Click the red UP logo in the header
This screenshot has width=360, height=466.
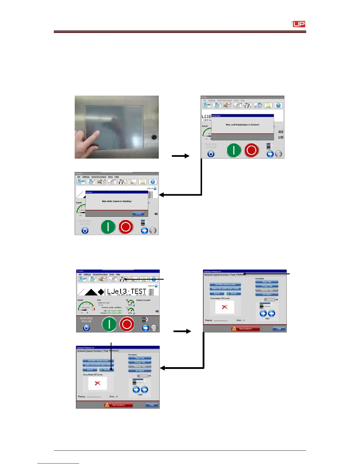pyautogui.click(x=299, y=24)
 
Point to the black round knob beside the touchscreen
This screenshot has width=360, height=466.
pyautogui.click(x=154, y=137)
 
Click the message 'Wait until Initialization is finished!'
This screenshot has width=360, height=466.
pyautogui.click(x=242, y=125)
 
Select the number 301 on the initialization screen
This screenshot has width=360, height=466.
pyautogui.click(x=281, y=132)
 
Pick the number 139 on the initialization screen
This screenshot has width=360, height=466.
pyautogui.click(x=281, y=137)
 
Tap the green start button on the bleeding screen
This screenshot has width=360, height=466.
pyautogui.click(x=108, y=227)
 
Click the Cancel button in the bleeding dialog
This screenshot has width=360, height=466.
pyautogui.click(x=138, y=214)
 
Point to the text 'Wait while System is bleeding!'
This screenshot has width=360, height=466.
pyautogui.click(x=116, y=201)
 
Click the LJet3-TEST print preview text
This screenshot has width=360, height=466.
pyautogui.click(x=126, y=291)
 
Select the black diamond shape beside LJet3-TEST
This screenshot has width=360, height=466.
pyautogui.click(x=101, y=292)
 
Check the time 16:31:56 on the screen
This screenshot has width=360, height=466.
pyautogui.click(x=86, y=321)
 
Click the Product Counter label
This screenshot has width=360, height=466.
pyautogui.click(x=143, y=300)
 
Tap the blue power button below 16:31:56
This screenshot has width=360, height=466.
pyautogui.click(x=86, y=327)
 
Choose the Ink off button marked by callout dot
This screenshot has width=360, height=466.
pyautogui.click(x=106, y=370)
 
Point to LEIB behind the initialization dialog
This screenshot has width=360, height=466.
pyautogui.click(x=206, y=116)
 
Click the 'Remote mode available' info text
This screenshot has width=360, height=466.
pyautogui.click(x=111, y=307)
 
